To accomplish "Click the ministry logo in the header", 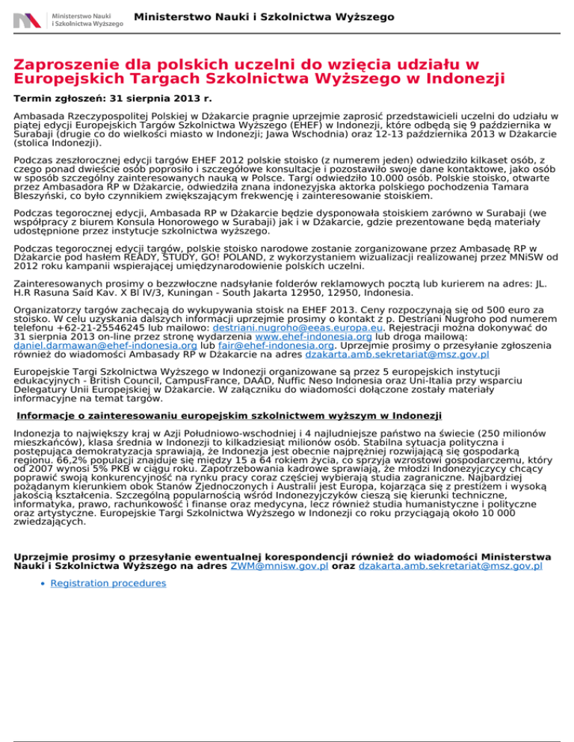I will point(68,19).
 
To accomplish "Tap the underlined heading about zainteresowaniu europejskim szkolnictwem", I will point(229,415).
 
